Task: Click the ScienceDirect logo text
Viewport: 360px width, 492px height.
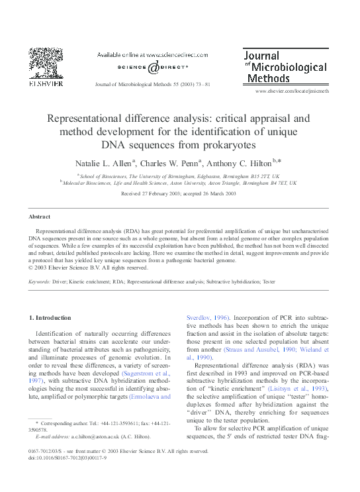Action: [152, 67]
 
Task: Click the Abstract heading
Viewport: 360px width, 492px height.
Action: [39, 217]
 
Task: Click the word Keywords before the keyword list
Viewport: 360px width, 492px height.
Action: [41, 281]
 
